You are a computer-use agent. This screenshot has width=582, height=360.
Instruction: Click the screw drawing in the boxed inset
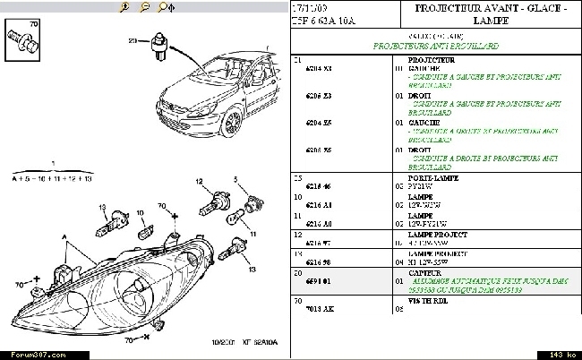click(22, 39)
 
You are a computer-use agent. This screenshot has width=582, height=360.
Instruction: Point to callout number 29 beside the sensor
click(132, 41)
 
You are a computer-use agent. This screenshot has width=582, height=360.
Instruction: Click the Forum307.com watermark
click(27, 354)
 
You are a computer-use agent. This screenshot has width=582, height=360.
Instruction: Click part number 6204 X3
click(318, 67)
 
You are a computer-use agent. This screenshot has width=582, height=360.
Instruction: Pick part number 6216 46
click(318, 187)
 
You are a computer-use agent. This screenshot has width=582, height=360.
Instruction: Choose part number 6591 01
click(318, 279)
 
